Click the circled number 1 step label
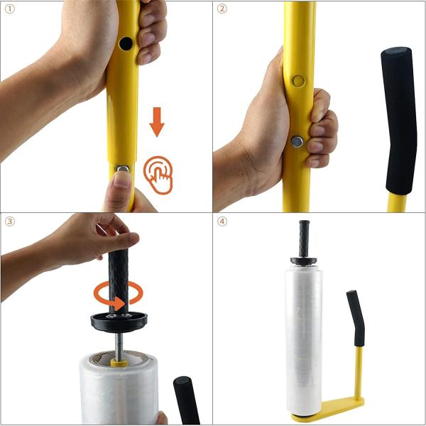pyautogui.click(x=9, y=9)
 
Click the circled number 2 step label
pyautogui.click(x=222, y=9)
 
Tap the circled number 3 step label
pyautogui.click(x=9, y=222)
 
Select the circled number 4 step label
pyautogui.click(x=222, y=222)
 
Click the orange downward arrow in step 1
pyautogui.click(x=157, y=121)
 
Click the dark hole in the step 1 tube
pyautogui.click(x=126, y=44)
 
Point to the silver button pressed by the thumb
pyautogui.click(x=122, y=170)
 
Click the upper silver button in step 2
pyautogui.click(x=297, y=81)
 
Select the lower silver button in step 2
pyautogui.click(x=297, y=141)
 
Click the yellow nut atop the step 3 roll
pyautogui.click(x=119, y=362)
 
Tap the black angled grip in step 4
pyautogui.click(x=355, y=316)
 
